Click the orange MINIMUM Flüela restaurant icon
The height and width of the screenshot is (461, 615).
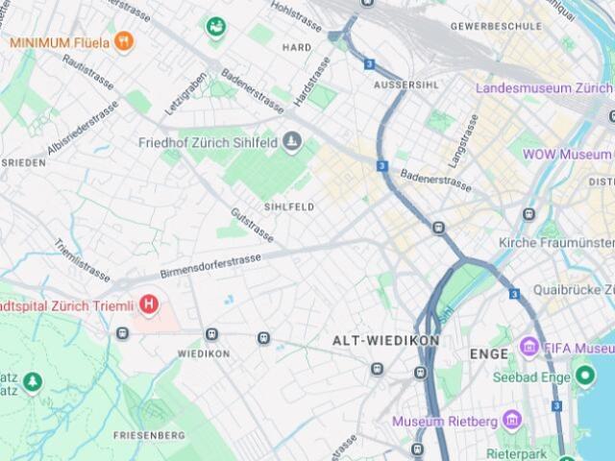coord(123,41)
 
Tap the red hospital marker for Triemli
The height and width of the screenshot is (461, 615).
coord(149,305)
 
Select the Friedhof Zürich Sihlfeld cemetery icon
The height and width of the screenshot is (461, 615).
coord(293,144)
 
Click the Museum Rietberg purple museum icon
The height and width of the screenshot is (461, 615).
coord(511,422)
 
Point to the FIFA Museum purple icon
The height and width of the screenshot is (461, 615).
coord(529,347)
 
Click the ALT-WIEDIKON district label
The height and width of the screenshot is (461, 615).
coord(385,341)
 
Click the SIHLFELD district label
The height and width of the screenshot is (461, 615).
coord(289,206)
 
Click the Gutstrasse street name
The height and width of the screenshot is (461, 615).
coord(253,225)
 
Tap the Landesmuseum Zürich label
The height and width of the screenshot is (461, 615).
coord(544,87)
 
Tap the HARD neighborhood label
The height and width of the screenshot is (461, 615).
coord(296,47)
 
